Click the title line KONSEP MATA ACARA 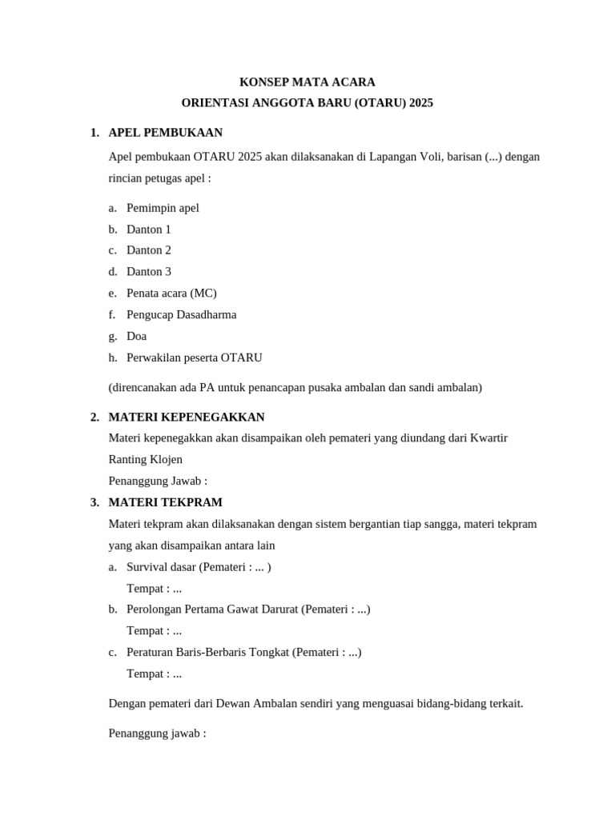(x=307, y=82)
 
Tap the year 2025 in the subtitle (x=420, y=103)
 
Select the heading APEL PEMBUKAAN (x=165, y=133)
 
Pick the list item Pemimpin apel (x=163, y=208)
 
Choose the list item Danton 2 (x=149, y=250)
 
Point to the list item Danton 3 (x=149, y=272)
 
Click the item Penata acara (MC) (x=171, y=294)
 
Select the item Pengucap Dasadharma (x=181, y=315)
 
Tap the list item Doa (x=136, y=337)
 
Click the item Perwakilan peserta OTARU (x=194, y=358)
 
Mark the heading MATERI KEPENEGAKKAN (x=186, y=417)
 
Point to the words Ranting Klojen (x=145, y=460)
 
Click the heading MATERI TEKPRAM (x=165, y=502)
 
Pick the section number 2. (x=94, y=417)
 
